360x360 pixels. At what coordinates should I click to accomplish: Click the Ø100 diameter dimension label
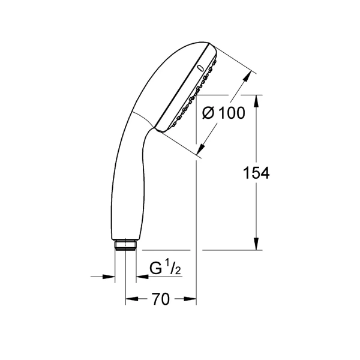[224, 113]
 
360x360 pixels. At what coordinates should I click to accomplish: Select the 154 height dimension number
[256, 173]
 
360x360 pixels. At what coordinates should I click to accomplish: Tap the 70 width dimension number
[161, 299]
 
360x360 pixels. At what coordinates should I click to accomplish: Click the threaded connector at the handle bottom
[125, 245]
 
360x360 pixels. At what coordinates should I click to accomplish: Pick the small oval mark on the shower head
[200, 68]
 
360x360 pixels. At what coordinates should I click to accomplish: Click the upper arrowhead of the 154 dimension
[256, 101]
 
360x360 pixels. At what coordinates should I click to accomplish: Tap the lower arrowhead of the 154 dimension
[256, 244]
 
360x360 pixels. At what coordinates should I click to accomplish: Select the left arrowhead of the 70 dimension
[132, 299]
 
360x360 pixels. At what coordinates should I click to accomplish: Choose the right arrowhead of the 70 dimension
[190, 299]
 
